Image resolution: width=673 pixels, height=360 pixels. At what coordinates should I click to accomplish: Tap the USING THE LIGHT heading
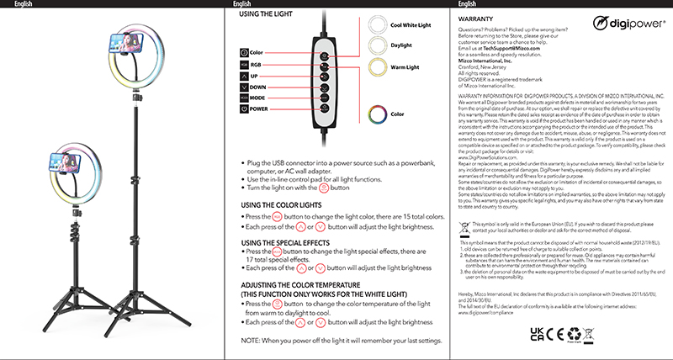click(272, 15)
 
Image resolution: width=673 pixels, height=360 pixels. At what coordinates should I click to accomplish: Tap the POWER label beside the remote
click(259, 132)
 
